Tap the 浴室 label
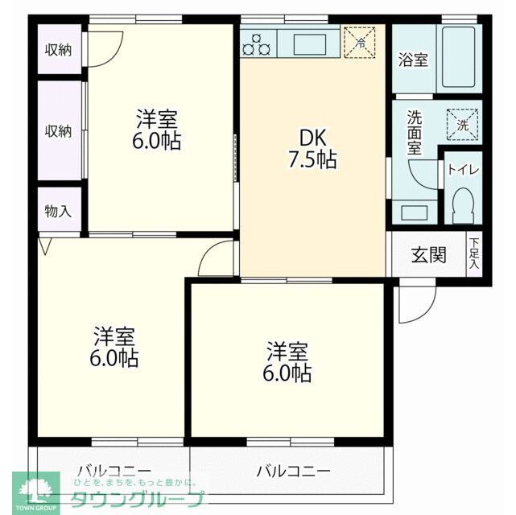point(414,60)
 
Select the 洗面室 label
point(414,132)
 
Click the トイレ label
point(464,170)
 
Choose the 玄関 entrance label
point(428,256)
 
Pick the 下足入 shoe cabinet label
point(475,253)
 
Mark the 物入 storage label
point(59,212)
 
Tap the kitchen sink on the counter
point(310,43)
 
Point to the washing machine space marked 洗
point(462,125)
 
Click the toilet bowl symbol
point(463,205)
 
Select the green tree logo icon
point(23,489)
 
